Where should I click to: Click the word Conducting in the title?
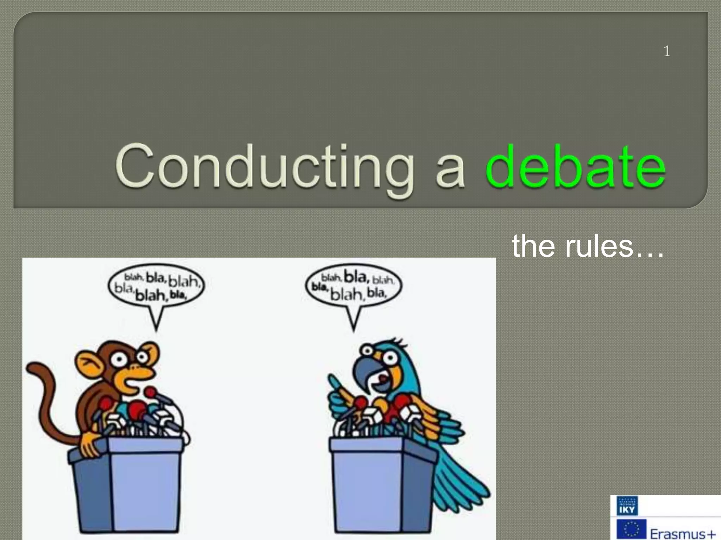point(264,167)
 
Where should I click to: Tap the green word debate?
point(576,167)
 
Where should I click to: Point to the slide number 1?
point(667,52)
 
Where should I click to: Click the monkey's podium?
point(127,485)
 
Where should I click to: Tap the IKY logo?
point(627,506)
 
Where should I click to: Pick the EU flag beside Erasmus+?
point(632,529)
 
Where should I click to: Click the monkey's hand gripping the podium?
point(90,444)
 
